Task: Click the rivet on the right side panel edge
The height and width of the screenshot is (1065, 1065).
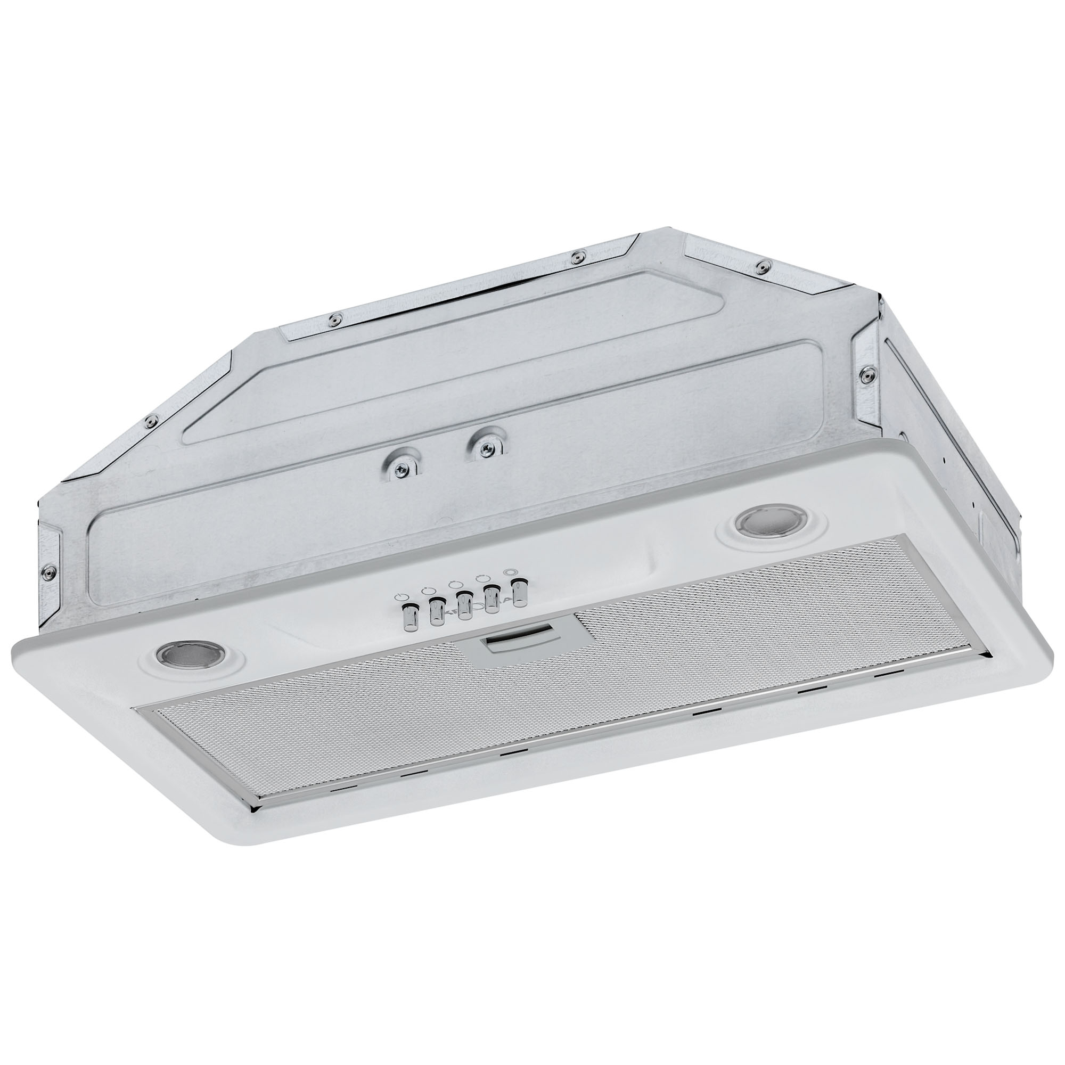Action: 866,372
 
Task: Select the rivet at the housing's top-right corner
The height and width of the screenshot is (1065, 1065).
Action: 762,266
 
